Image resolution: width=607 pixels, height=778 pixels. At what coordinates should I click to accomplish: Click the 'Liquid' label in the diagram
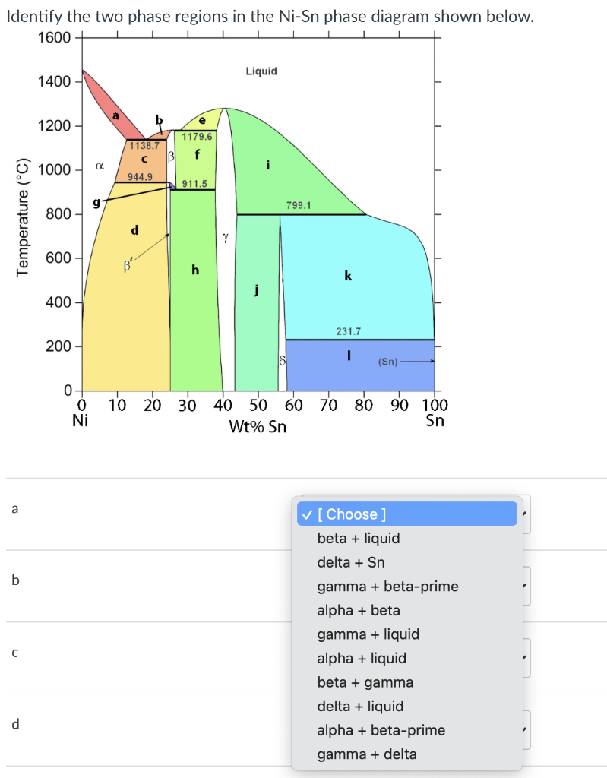click(261, 71)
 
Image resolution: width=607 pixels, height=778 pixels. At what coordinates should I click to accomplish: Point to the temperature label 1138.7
click(144, 145)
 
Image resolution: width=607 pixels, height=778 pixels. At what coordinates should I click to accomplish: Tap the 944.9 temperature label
click(140, 176)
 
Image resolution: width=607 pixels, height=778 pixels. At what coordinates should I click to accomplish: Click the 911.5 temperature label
click(194, 184)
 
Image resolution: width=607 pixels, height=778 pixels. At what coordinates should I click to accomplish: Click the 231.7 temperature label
click(348, 331)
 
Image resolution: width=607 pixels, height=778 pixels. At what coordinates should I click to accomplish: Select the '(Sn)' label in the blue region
click(387, 362)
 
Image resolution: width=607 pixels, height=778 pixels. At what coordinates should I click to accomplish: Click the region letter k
click(348, 276)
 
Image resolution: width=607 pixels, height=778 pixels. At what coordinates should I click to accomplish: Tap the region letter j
click(257, 289)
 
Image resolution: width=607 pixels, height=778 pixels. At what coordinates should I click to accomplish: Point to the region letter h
click(195, 270)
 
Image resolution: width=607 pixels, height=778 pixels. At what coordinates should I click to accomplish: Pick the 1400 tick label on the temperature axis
click(54, 82)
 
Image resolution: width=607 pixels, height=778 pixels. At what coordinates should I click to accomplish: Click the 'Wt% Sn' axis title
click(258, 426)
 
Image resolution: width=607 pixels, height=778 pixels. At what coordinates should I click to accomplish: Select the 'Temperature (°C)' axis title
click(24, 214)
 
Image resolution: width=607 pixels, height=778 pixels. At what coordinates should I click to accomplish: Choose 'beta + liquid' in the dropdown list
click(359, 539)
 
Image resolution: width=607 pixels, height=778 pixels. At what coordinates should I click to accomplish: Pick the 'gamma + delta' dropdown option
click(367, 754)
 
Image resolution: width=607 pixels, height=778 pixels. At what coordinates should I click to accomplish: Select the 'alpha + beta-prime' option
click(381, 730)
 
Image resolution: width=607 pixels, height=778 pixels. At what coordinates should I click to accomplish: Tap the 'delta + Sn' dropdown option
click(351, 562)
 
